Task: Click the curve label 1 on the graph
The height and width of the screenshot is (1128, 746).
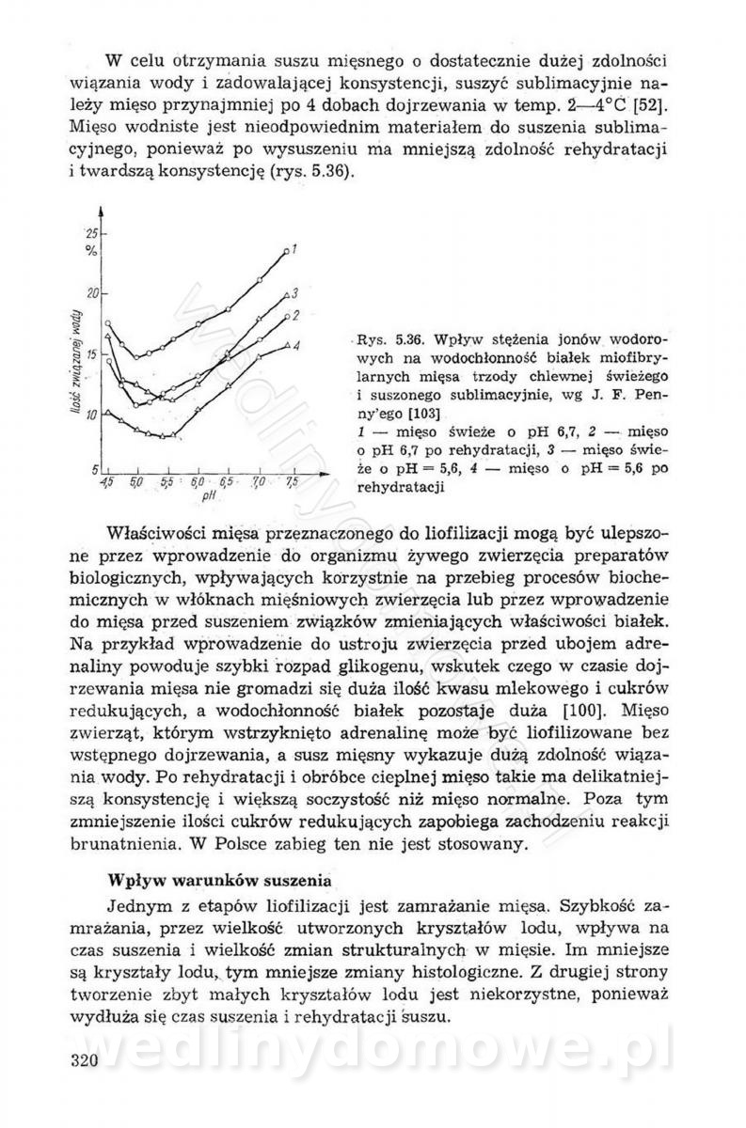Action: click(294, 248)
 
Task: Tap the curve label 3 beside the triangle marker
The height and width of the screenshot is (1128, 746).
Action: click(294, 292)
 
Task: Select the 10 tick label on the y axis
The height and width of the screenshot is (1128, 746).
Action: click(91, 415)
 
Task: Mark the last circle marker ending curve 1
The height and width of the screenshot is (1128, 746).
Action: click(285, 250)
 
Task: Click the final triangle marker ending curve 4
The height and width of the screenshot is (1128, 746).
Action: click(285, 348)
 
